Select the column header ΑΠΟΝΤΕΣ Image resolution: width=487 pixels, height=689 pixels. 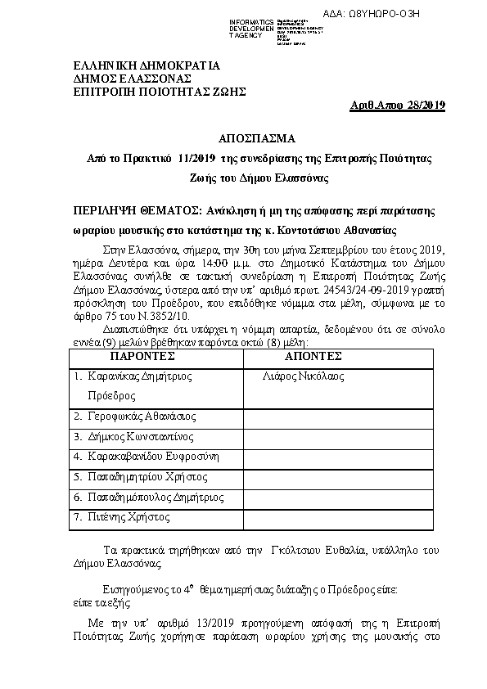point(313,358)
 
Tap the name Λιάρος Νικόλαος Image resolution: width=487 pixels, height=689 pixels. point(304,376)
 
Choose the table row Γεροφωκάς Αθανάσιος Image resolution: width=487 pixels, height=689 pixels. point(142,417)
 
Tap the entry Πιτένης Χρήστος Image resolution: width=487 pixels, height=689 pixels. point(133,516)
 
